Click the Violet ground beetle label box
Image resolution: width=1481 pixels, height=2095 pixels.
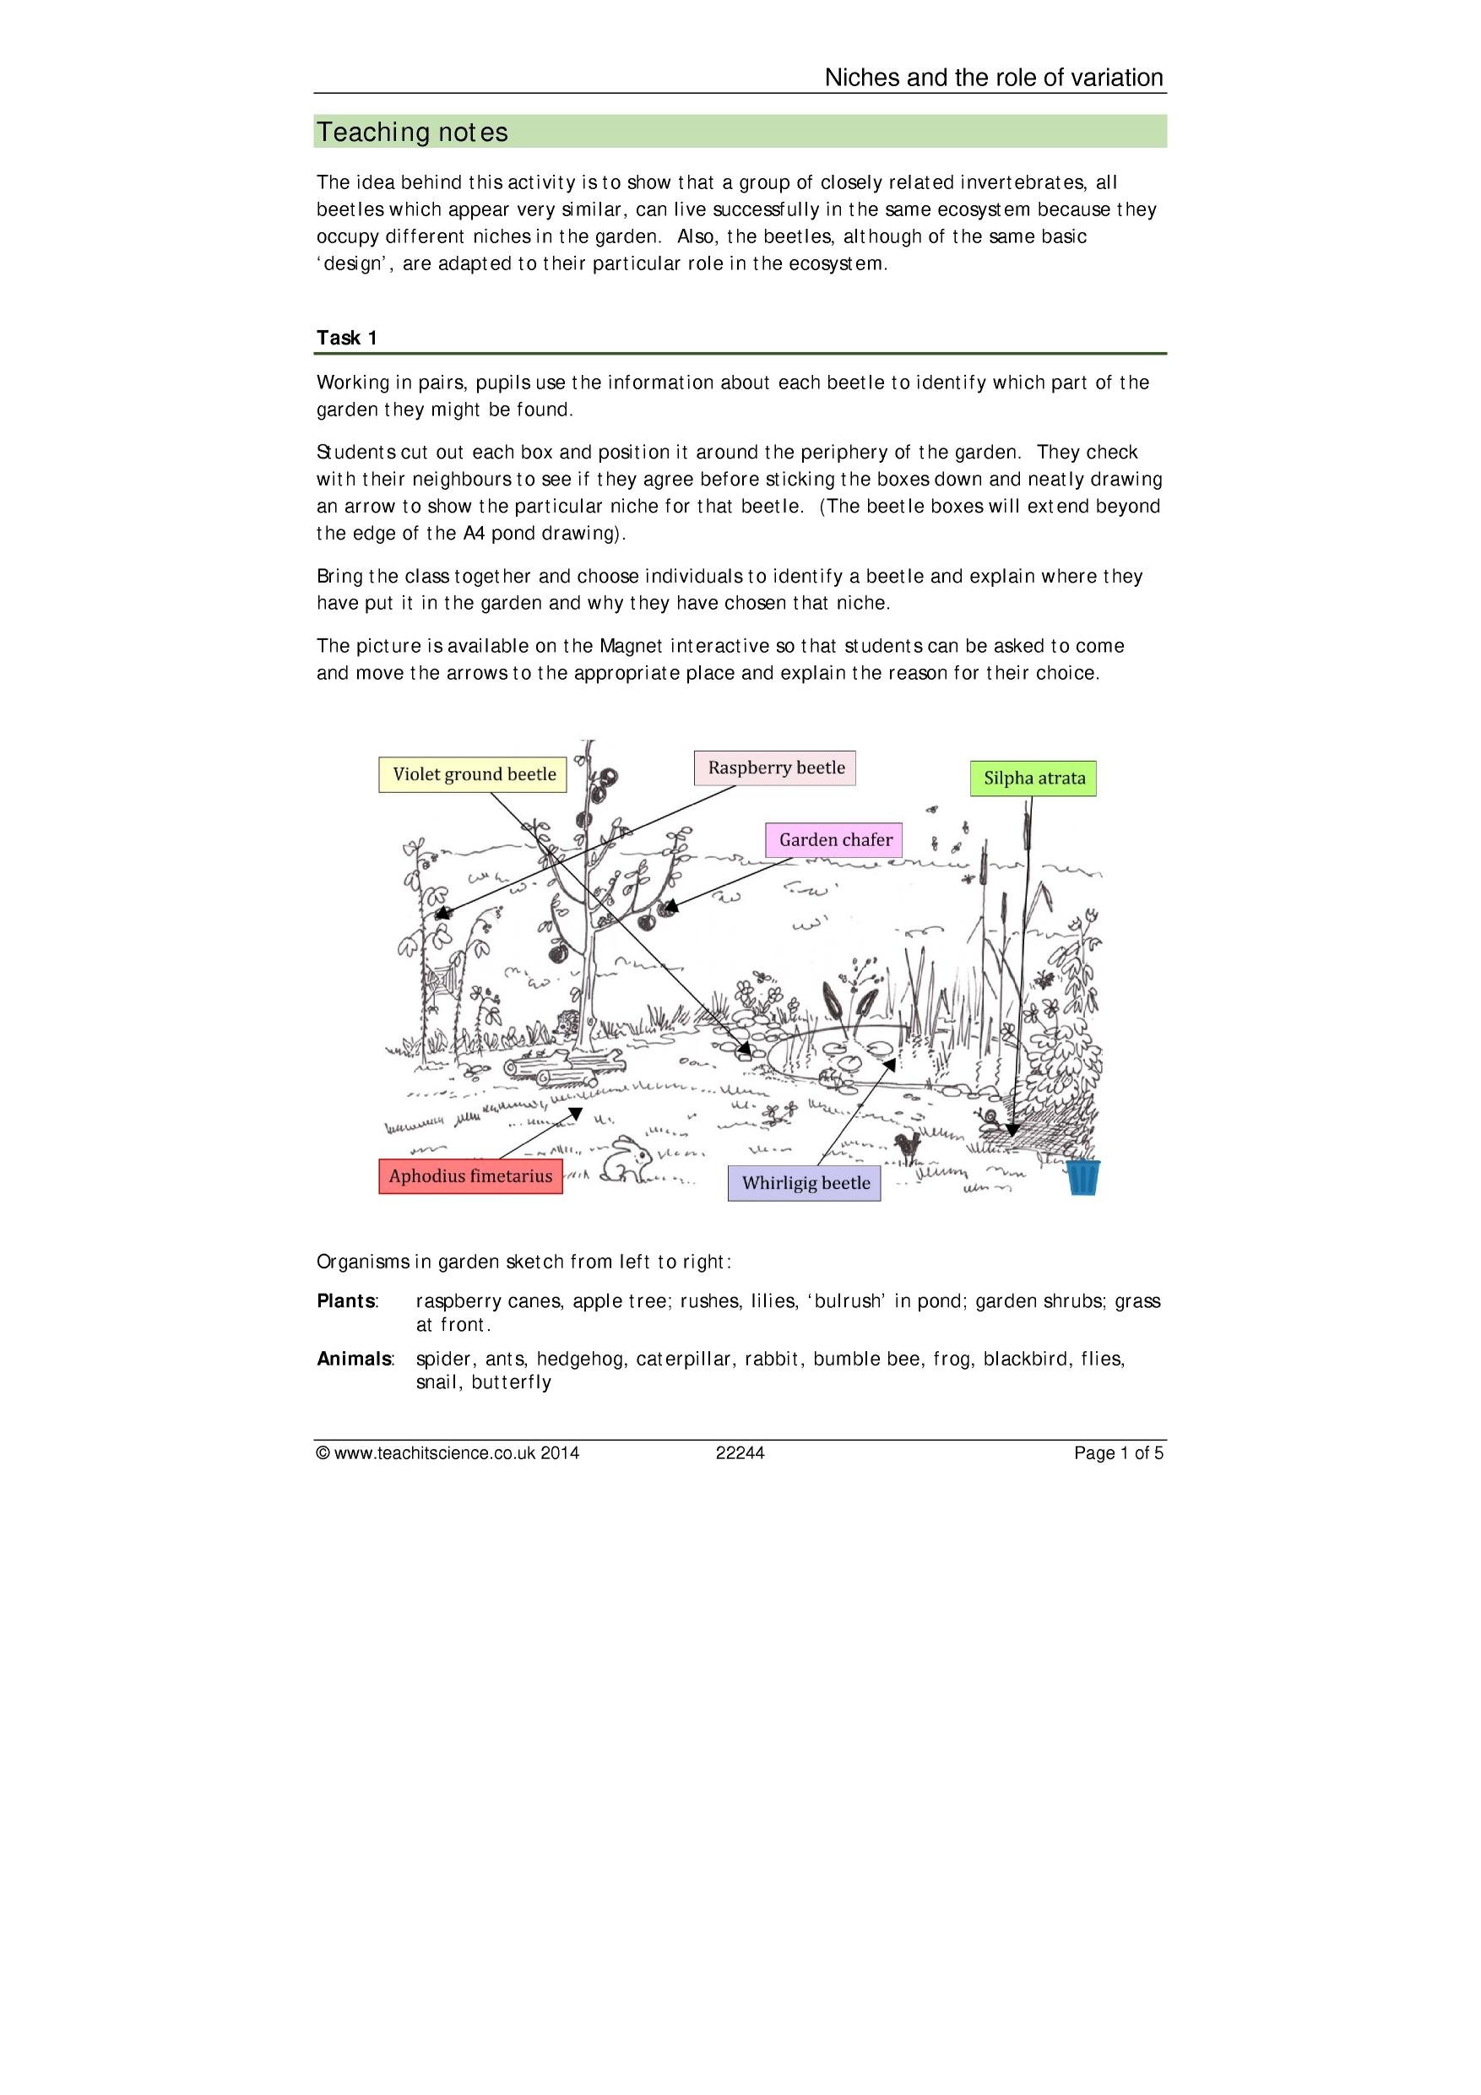473,773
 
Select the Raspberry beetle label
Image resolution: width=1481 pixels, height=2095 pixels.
776,768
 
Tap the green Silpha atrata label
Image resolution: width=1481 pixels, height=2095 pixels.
1033,779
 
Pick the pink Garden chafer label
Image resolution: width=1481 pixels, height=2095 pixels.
835,839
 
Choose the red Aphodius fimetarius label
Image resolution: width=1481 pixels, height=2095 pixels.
470,1176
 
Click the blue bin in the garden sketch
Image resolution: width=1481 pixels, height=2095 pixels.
1083,1177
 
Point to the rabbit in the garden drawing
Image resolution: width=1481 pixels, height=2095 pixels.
628,1159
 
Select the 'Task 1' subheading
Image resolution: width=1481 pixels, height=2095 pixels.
347,338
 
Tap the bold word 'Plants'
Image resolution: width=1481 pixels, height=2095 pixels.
347,1301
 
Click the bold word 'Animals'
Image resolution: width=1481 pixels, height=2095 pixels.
354,1359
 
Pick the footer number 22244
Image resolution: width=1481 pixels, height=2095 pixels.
740,1453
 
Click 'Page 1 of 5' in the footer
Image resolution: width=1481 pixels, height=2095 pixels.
1119,1453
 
